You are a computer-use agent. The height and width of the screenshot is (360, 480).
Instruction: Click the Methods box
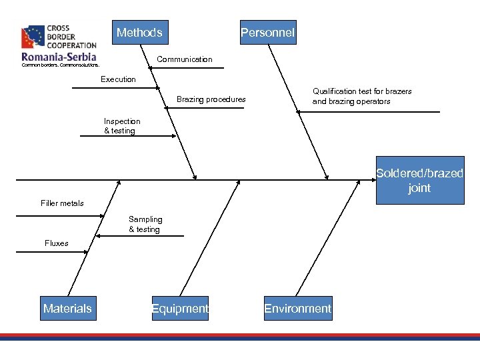140,32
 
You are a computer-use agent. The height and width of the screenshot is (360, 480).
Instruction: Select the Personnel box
268,32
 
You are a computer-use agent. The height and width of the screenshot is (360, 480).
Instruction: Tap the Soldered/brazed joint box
419,180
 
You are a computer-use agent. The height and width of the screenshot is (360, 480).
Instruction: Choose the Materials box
68,308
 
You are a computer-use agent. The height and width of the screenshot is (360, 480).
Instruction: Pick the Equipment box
180,308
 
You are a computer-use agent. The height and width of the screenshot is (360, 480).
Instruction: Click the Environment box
297,308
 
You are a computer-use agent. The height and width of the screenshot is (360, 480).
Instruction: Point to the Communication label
185,59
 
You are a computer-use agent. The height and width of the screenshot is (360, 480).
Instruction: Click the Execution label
118,79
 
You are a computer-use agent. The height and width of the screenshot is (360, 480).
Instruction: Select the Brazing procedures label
211,99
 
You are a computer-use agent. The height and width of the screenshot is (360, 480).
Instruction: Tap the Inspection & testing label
122,126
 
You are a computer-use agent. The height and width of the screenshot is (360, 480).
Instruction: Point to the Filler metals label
62,203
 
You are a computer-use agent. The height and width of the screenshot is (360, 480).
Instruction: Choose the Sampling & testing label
145,224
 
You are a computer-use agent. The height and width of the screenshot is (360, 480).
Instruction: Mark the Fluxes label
57,243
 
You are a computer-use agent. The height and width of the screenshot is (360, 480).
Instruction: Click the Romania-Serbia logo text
59,57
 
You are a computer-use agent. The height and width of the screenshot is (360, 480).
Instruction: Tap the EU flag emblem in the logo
33,37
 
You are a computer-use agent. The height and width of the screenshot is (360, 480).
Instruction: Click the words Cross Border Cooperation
71,37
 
